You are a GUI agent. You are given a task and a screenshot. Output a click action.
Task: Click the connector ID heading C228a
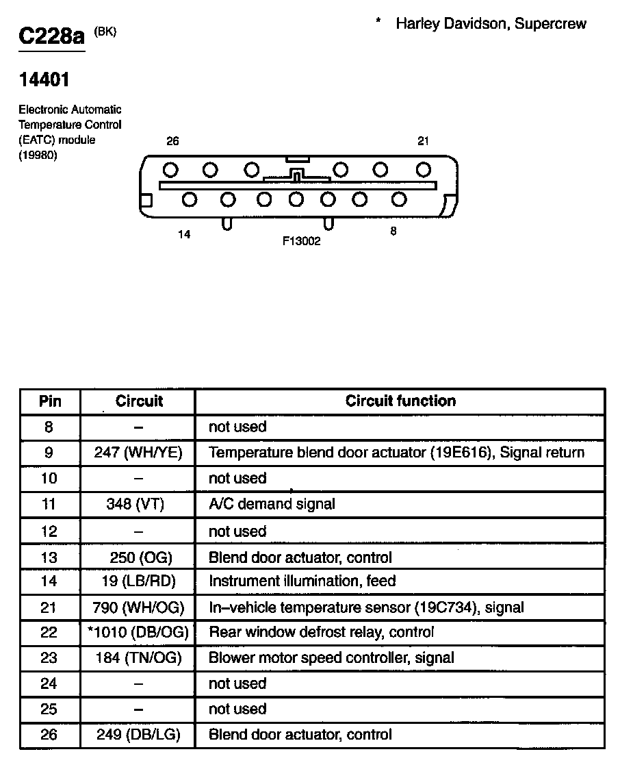click(x=51, y=36)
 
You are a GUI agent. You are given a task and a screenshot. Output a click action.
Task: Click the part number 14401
click(x=44, y=80)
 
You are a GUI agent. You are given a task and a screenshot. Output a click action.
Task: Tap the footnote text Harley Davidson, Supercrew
click(x=491, y=23)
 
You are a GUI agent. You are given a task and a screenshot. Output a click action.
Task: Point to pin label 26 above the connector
click(x=172, y=141)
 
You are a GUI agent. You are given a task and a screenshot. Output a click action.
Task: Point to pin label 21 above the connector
click(x=424, y=141)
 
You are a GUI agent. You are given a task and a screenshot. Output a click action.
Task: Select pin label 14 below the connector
click(x=183, y=234)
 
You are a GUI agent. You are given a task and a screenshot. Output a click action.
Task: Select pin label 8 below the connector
click(x=393, y=231)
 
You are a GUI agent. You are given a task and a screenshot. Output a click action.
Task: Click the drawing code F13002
click(x=302, y=241)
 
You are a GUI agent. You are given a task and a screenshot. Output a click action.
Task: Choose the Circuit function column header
click(x=400, y=401)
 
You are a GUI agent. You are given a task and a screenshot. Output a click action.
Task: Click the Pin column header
click(x=49, y=401)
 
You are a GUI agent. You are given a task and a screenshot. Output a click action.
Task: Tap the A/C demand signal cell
click(x=272, y=505)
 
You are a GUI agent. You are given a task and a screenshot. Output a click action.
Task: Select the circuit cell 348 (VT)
click(x=138, y=505)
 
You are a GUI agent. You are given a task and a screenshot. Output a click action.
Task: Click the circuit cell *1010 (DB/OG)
click(x=138, y=632)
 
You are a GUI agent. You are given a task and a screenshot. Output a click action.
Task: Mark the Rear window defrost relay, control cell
click(x=321, y=632)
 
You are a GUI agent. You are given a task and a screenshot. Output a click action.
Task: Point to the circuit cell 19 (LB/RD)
click(x=138, y=581)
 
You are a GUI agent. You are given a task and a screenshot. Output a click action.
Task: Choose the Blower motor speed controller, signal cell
click(x=331, y=658)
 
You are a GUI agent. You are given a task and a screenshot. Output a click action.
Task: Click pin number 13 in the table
click(x=49, y=557)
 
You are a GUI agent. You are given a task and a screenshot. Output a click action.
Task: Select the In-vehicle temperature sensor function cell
click(x=366, y=607)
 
